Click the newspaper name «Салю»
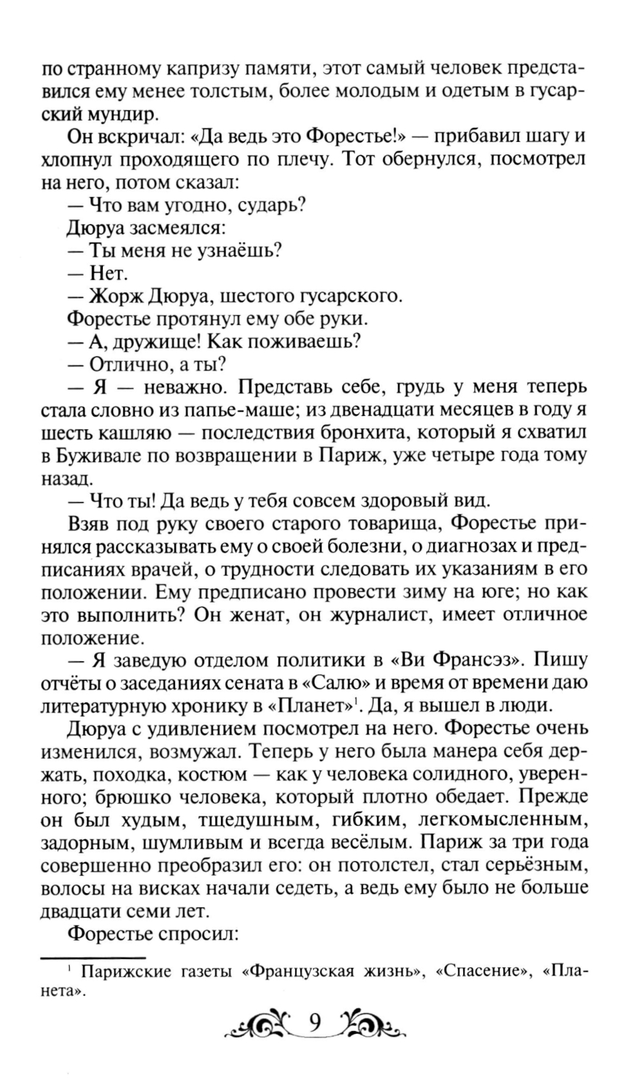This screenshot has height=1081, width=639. [x=337, y=682]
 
